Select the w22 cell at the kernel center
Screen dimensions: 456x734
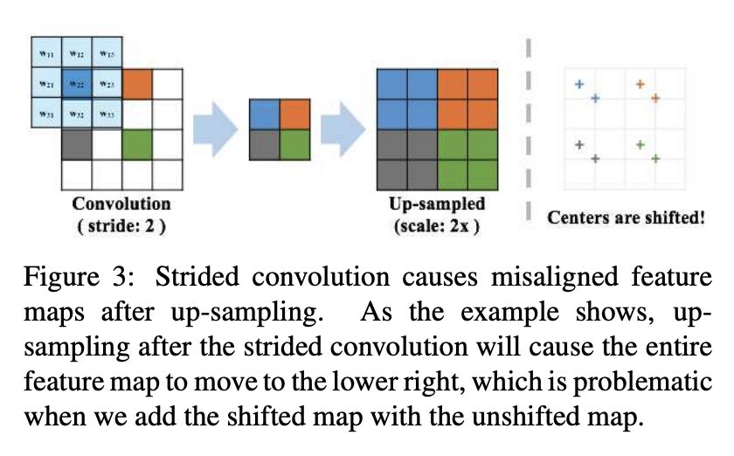(x=77, y=84)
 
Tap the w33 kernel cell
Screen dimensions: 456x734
(x=107, y=114)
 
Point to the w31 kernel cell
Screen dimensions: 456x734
(x=45, y=114)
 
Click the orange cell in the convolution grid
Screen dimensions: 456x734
(x=136, y=84)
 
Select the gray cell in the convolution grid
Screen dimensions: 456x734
(x=77, y=144)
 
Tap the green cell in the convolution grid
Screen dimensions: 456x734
(x=136, y=144)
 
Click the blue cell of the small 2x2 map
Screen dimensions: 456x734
(x=265, y=114)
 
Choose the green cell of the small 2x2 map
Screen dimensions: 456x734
(x=294, y=144)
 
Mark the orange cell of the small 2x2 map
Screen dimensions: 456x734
(x=294, y=114)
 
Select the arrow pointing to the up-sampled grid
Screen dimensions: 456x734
(x=343, y=128)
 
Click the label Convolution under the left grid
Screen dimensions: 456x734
(x=121, y=204)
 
